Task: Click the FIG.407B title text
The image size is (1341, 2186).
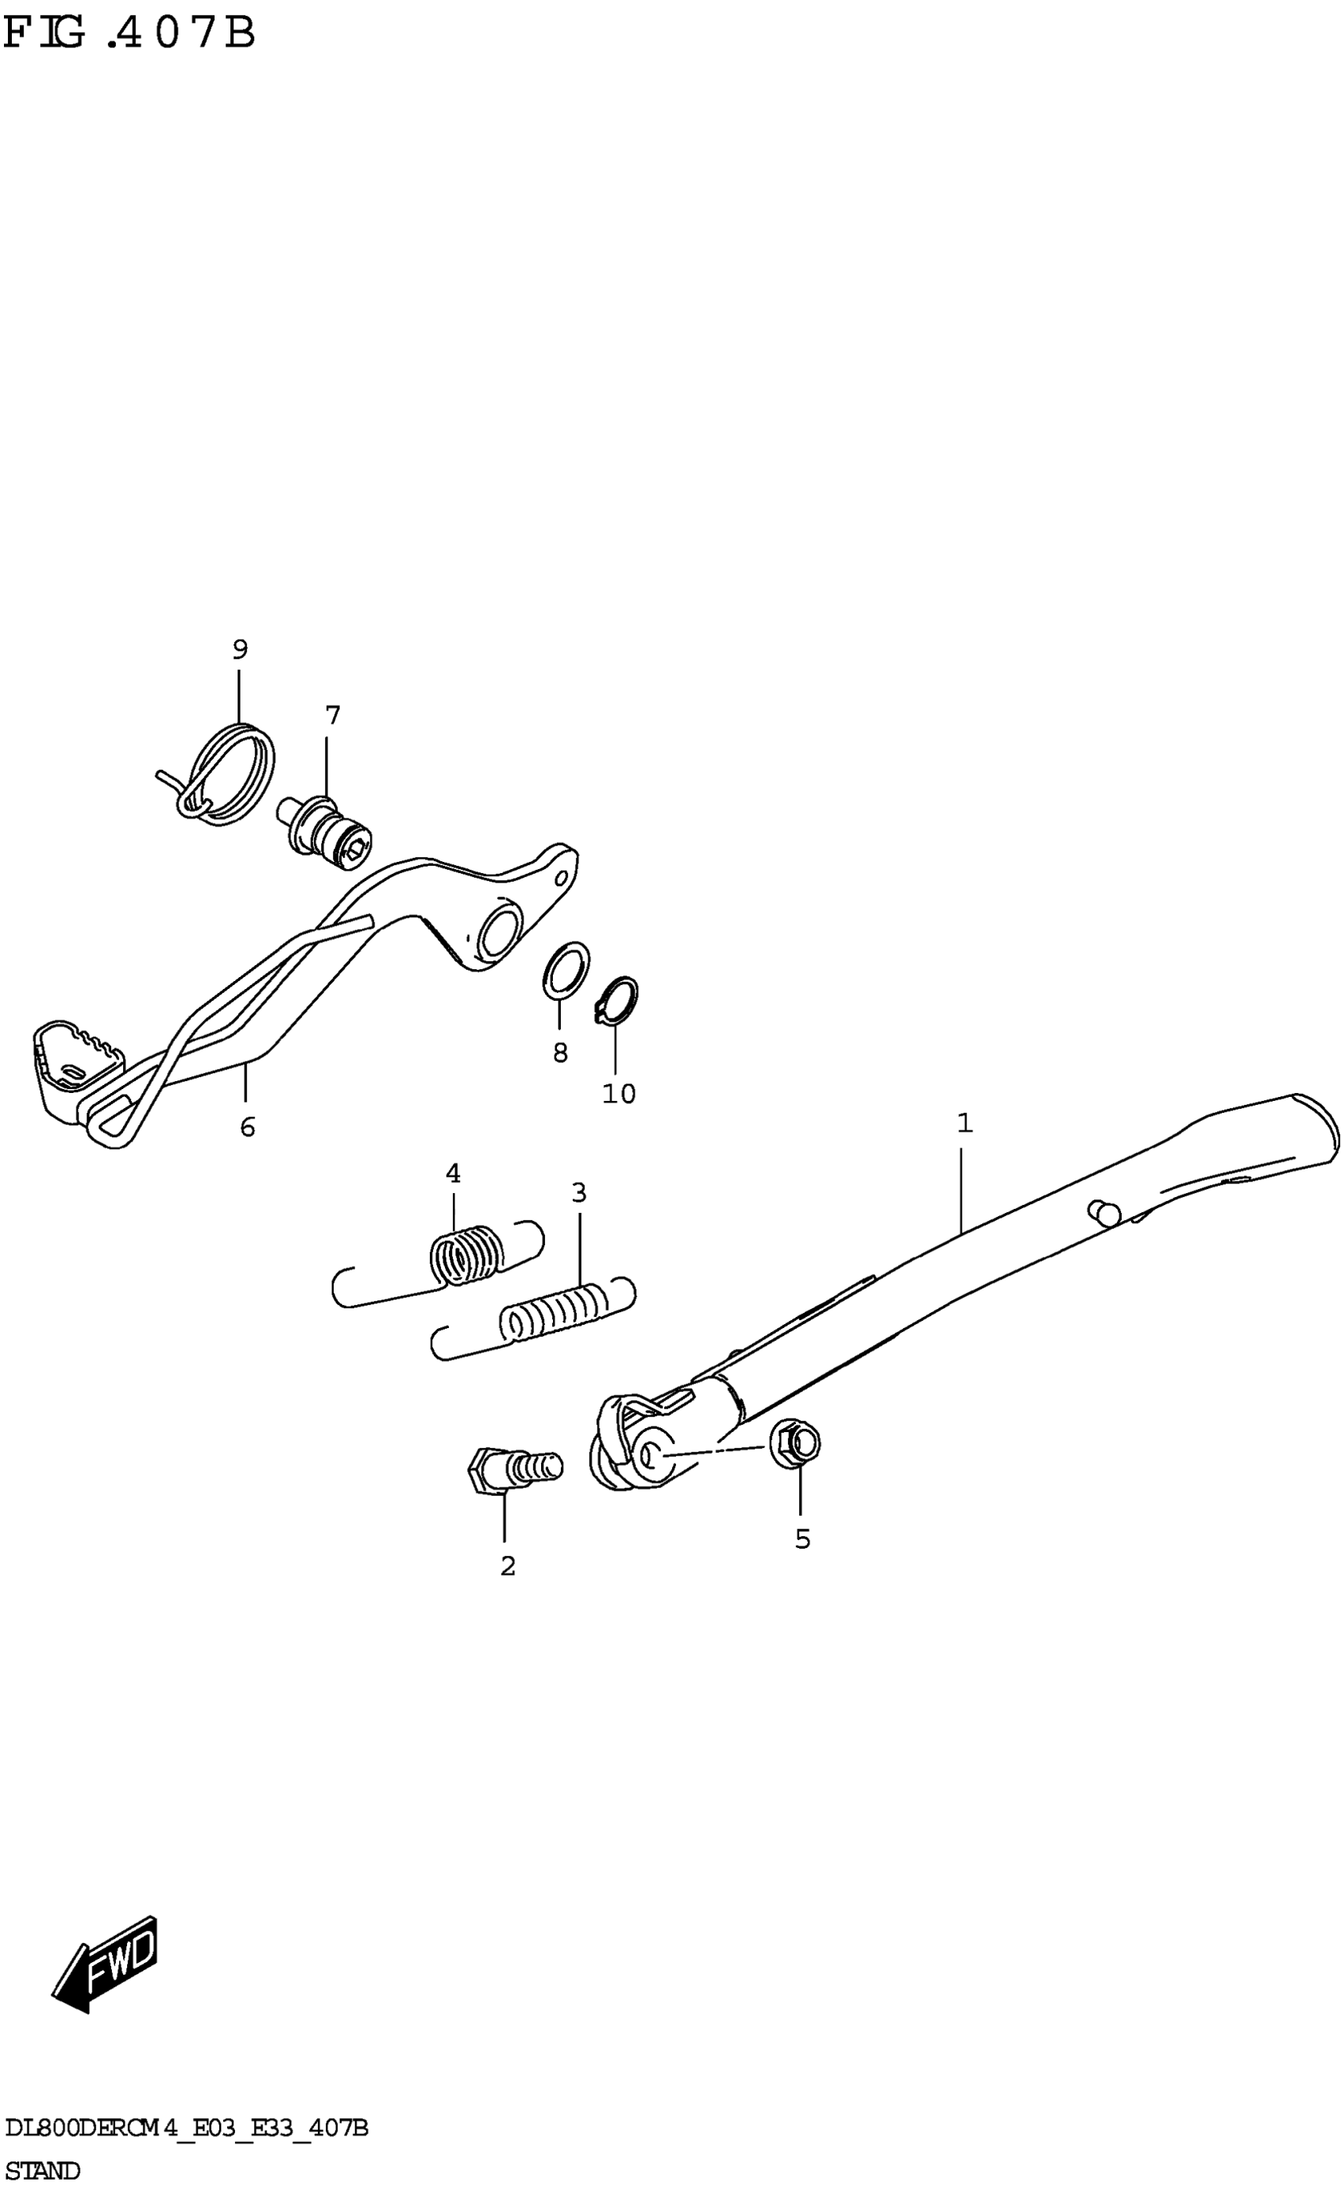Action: click(x=129, y=34)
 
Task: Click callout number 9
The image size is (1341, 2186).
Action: click(x=240, y=650)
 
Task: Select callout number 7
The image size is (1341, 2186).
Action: click(x=333, y=715)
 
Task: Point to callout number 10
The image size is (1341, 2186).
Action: click(x=618, y=1094)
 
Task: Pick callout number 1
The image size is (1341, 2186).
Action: click(x=965, y=1123)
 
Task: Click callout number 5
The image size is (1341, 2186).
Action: click(x=802, y=1539)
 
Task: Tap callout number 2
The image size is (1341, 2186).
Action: click(x=508, y=1567)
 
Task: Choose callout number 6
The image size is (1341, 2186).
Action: click(x=248, y=1127)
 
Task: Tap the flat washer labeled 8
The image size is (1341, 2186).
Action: click(x=566, y=970)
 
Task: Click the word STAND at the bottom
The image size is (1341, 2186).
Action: click(x=42, y=2170)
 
